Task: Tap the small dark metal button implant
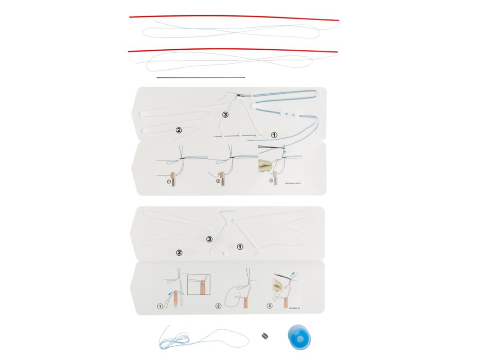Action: pyautogui.click(x=264, y=335)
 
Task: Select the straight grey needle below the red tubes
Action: pyautogui.click(x=201, y=76)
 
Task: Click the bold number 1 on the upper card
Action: pyautogui.click(x=274, y=135)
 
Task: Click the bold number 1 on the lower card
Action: pyautogui.click(x=239, y=246)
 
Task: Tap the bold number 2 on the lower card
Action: pyautogui.click(x=179, y=252)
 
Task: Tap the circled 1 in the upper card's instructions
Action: pyautogui.click(x=169, y=181)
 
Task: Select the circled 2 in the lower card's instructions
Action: pyautogui.click(x=218, y=306)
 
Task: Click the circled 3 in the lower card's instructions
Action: pyautogui.click(x=270, y=306)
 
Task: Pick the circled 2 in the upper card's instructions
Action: pyautogui.click(x=218, y=181)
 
